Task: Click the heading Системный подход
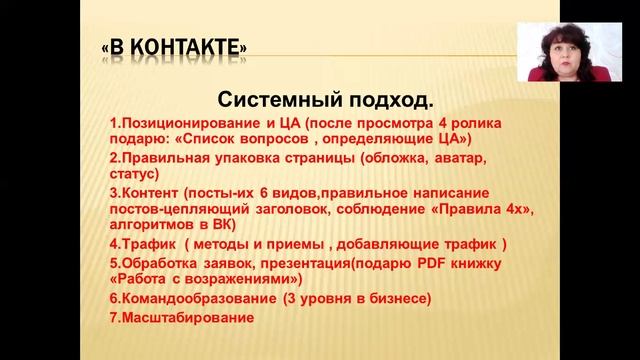click(x=325, y=100)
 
